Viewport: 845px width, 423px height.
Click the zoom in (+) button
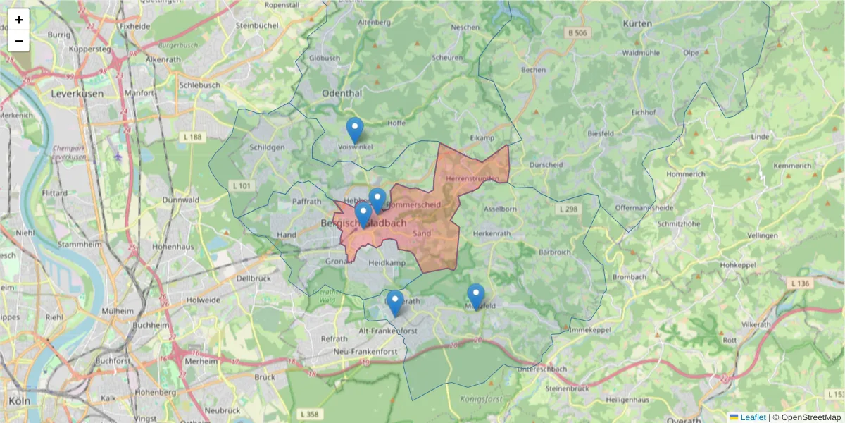(x=19, y=20)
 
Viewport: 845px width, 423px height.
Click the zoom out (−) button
(x=19, y=41)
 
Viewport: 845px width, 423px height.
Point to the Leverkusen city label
(x=77, y=93)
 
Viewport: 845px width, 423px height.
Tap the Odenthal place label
(x=342, y=93)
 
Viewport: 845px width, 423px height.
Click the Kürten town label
(x=638, y=23)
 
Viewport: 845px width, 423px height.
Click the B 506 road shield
(x=577, y=33)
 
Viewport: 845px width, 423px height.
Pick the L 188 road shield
(x=190, y=137)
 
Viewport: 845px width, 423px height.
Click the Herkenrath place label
(x=491, y=233)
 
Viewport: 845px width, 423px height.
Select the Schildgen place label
(x=268, y=147)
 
